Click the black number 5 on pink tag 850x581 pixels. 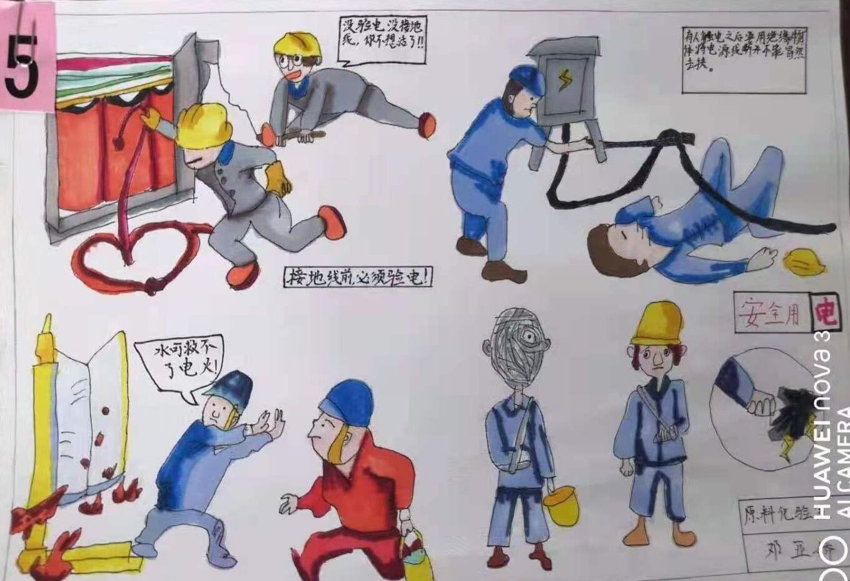click(x=23, y=66)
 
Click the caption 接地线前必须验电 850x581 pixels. click(x=358, y=276)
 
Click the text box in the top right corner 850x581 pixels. click(x=743, y=59)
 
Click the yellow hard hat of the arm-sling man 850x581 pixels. click(x=656, y=323)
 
